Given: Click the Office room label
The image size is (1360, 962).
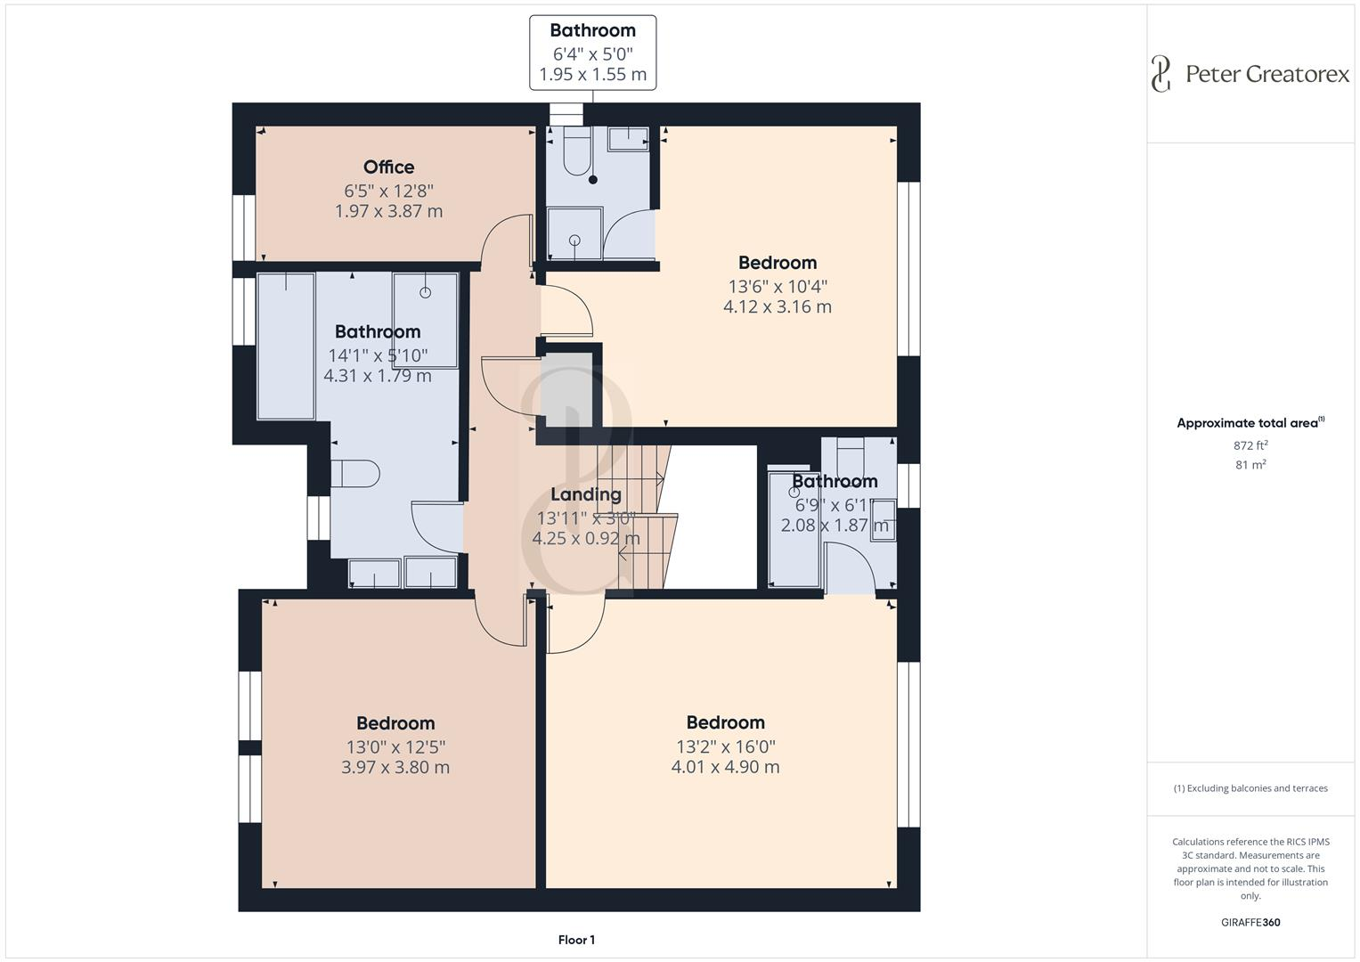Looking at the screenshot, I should point(388,167).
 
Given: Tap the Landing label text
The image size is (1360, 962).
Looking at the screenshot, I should point(585,494).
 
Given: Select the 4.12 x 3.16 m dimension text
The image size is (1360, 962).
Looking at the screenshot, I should point(777,306).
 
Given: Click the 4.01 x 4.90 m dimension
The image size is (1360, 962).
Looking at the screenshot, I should point(725,767).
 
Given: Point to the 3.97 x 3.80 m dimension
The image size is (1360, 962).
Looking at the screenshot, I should point(395,767).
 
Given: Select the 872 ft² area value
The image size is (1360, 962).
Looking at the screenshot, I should point(1250,445).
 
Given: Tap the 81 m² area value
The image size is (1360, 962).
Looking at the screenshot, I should point(1250,464).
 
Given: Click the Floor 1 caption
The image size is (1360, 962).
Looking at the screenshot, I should point(576,940).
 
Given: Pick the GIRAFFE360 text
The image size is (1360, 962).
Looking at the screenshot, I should point(1250,922).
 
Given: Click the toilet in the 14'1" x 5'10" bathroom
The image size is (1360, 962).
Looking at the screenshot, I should point(354,474).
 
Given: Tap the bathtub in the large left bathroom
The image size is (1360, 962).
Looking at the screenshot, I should point(286,346).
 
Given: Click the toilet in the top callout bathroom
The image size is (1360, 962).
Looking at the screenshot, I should point(577,152).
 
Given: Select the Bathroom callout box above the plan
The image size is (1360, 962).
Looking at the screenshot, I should point(592,53).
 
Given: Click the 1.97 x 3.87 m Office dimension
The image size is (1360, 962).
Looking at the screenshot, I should point(388,211).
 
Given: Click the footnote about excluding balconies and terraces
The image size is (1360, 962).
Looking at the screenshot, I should point(1250,788).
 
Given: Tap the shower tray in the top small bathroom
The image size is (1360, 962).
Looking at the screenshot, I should point(574,234).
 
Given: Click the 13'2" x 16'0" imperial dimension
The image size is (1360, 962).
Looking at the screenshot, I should point(725,746).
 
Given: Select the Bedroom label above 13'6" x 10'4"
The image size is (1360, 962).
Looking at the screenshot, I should point(777,263).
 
